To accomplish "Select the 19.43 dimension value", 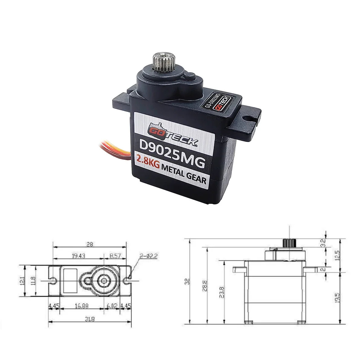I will click(x=78, y=256).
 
